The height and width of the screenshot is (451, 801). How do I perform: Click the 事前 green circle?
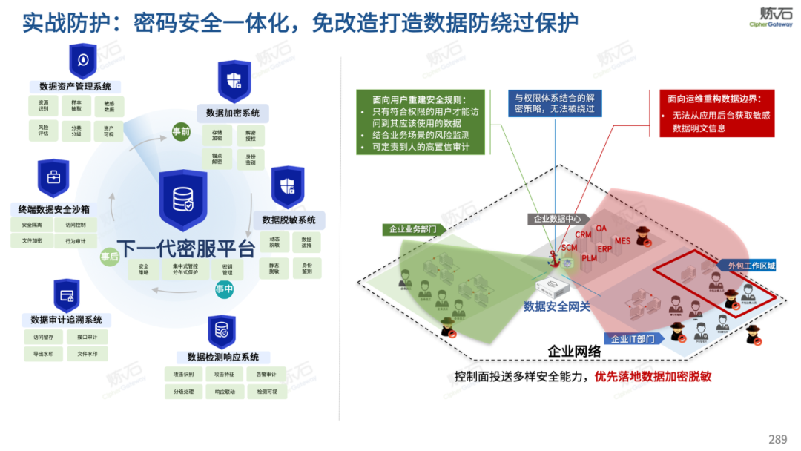click(181, 131)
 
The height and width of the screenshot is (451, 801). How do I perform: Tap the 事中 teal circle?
click(225, 289)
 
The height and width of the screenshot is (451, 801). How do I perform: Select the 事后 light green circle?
click(110, 257)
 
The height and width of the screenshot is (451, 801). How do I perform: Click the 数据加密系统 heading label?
click(233, 113)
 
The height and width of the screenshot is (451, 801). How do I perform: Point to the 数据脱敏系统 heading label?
click(289, 220)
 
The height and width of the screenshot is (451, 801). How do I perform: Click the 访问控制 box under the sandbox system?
click(76, 225)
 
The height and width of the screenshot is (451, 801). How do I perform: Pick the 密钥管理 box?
click(227, 269)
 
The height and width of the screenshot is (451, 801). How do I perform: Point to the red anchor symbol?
click(552, 257)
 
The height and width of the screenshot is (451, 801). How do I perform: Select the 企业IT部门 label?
click(633, 339)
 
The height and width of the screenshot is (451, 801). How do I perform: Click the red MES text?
click(622, 240)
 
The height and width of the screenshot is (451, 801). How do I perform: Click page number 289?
click(777, 439)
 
